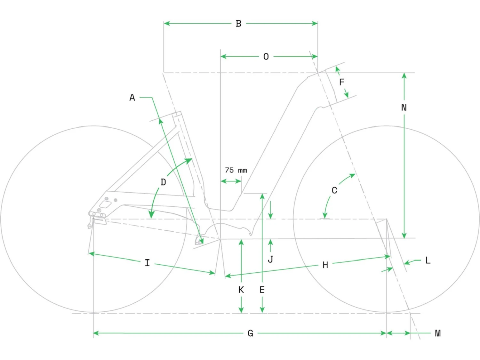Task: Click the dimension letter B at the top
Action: [x=239, y=23]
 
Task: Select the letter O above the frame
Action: [x=266, y=57]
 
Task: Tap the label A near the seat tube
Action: [x=132, y=98]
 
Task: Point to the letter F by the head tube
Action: [x=341, y=82]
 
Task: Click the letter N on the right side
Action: [x=404, y=108]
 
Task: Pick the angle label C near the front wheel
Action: [x=334, y=190]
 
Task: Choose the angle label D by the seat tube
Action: [x=163, y=182]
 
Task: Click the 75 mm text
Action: [x=236, y=170]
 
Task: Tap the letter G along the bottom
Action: [x=250, y=333]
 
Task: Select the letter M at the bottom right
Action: [x=437, y=333]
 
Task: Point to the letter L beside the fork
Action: [x=428, y=260]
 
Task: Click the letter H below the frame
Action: [x=325, y=265]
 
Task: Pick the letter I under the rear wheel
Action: [x=148, y=263]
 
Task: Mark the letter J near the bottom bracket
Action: [x=270, y=260]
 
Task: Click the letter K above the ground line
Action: [x=241, y=290]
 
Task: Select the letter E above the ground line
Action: [x=262, y=290]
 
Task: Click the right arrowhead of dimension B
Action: [x=315, y=23]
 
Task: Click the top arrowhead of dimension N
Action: [x=404, y=76]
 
